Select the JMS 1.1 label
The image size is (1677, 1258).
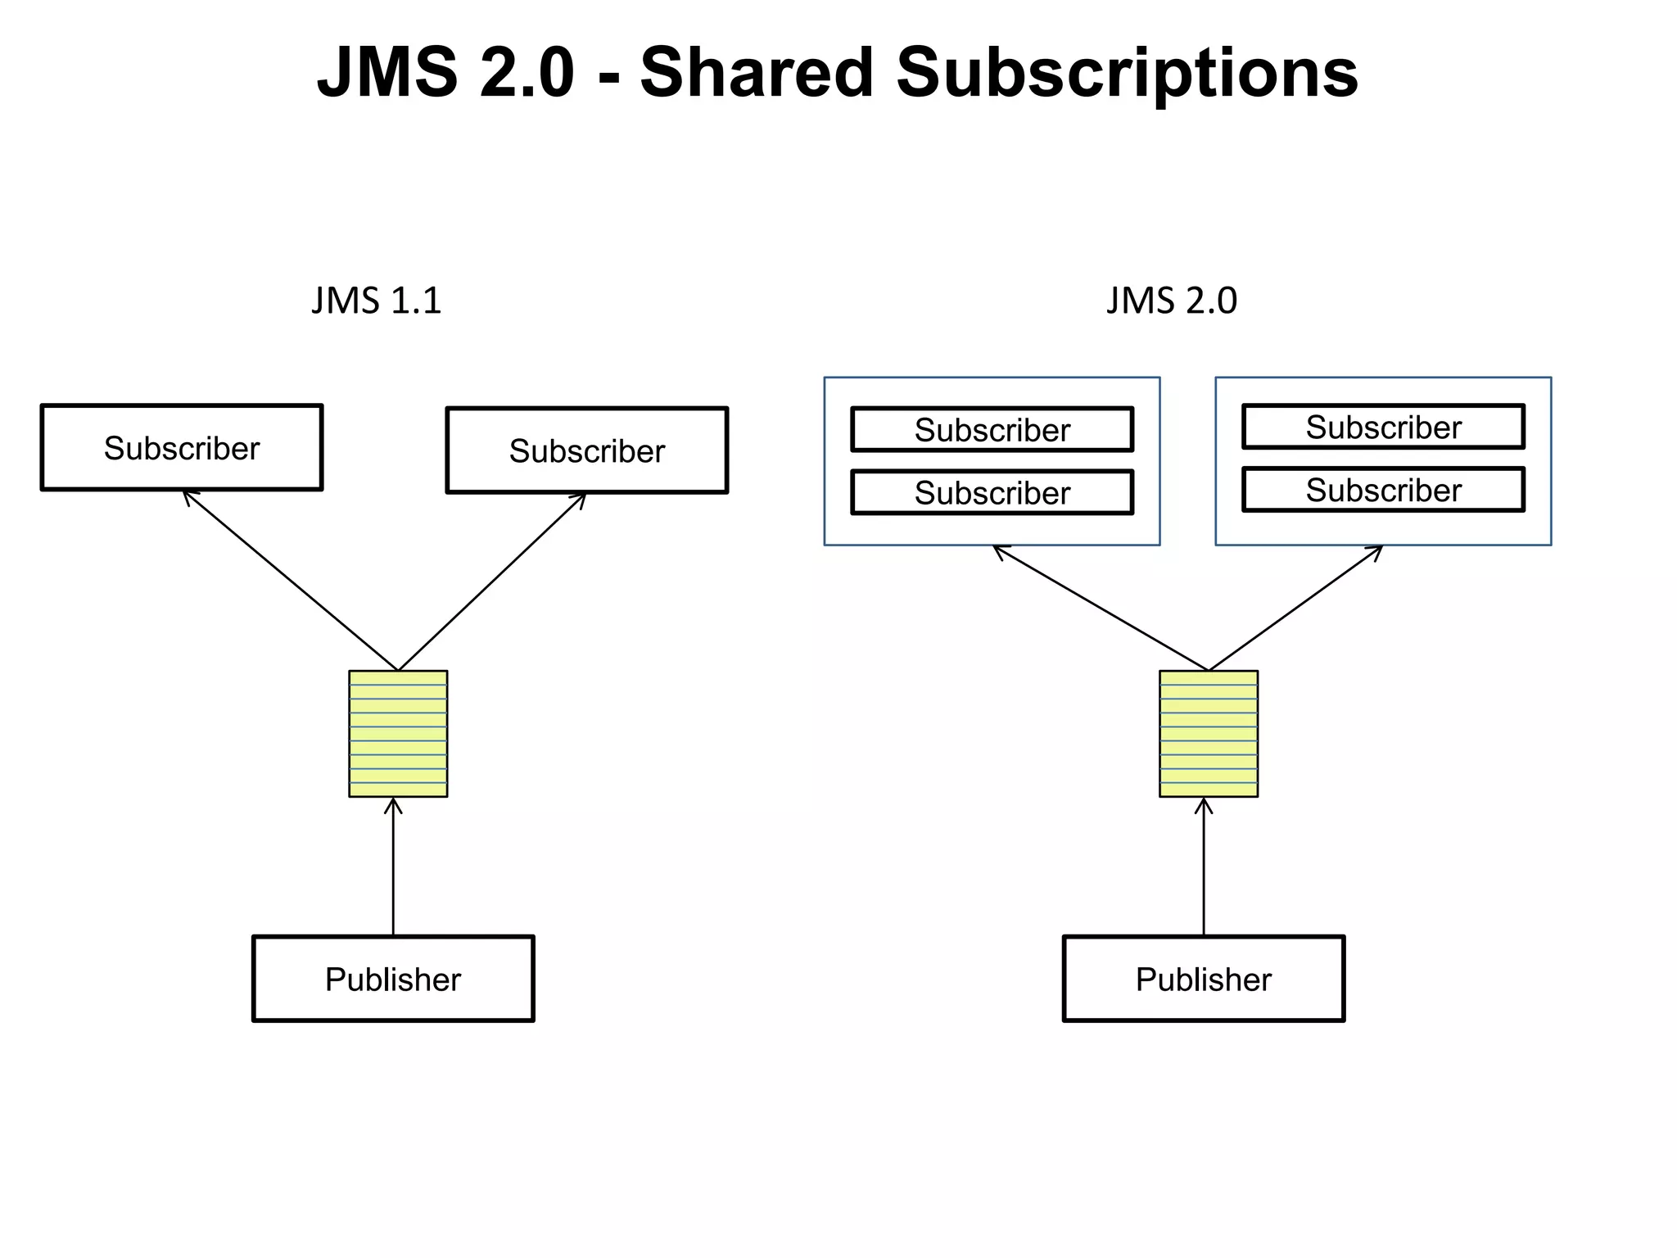[x=376, y=301]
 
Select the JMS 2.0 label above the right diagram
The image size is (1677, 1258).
[x=1171, y=301]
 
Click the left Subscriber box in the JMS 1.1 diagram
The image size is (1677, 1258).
[x=182, y=447]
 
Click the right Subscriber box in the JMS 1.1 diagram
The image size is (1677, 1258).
[x=586, y=450]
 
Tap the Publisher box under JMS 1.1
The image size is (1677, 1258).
[x=393, y=979]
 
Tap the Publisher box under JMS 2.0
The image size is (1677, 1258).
[x=1203, y=979]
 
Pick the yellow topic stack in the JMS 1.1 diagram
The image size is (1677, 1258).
[x=398, y=734]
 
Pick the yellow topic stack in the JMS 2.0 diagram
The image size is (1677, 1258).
[x=1208, y=734]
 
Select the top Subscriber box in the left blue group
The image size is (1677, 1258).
[x=992, y=429]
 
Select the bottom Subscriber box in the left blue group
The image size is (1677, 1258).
[x=992, y=492]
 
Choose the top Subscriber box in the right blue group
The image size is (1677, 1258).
[x=1383, y=427]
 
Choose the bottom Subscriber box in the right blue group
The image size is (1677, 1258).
[x=1383, y=490]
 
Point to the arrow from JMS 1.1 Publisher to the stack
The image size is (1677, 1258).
[x=393, y=868]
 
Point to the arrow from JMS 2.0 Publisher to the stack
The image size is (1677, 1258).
[x=1204, y=868]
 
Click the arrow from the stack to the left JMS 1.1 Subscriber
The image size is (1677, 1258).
[x=291, y=580]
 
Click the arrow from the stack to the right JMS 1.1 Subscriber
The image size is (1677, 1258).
[x=492, y=581]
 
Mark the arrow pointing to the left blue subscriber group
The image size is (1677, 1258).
[x=1101, y=608]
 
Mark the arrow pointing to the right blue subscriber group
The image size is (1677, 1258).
[x=1295, y=608]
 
